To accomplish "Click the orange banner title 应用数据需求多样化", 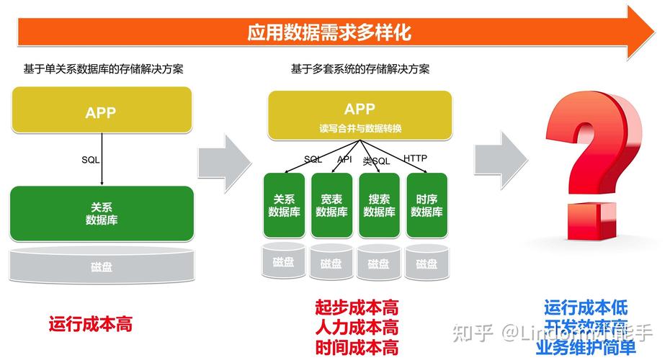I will click(x=329, y=32).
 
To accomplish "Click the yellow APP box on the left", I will click(x=101, y=112).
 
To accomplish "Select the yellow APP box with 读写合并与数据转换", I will click(x=359, y=115).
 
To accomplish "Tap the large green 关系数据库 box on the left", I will click(x=102, y=213).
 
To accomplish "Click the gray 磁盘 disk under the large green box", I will click(x=102, y=267).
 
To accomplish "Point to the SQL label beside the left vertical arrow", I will click(x=91, y=160).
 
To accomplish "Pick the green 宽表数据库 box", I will click(x=331, y=205).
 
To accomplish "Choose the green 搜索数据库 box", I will click(x=379, y=205).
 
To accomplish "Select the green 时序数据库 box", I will click(x=426, y=205).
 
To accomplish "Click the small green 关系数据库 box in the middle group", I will click(x=284, y=205).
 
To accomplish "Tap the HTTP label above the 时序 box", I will click(x=415, y=158).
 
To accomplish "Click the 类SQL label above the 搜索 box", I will click(x=376, y=161).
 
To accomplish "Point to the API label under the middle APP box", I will click(x=344, y=158).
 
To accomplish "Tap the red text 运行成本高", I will click(x=91, y=324).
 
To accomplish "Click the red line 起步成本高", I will click(x=357, y=308).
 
